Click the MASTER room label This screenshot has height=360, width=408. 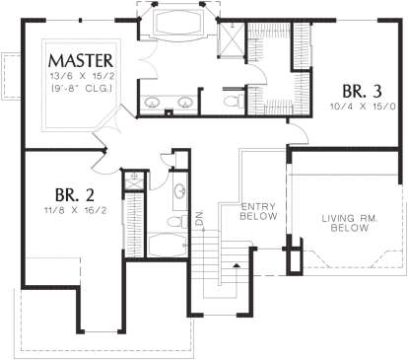[81, 61]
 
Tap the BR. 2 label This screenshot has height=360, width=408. [75, 194]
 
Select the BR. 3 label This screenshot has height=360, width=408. [363, 91]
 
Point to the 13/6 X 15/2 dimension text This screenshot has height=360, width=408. [82, 77]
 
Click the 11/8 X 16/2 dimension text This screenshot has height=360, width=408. [76, 210]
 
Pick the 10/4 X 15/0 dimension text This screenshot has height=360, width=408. [363, 107]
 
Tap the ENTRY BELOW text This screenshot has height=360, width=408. [258, 211]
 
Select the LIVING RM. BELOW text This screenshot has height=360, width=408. [350, 223]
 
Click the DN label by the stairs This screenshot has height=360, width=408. [200, 218]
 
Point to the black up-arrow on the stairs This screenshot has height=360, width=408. [237, 265]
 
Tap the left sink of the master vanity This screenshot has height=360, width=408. [152, 103]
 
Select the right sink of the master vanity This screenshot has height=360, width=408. [185, 103]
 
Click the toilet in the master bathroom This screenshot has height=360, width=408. [234, 101]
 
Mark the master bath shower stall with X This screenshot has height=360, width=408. [232, 40]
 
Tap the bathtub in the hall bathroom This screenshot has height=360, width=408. [168, 245]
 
